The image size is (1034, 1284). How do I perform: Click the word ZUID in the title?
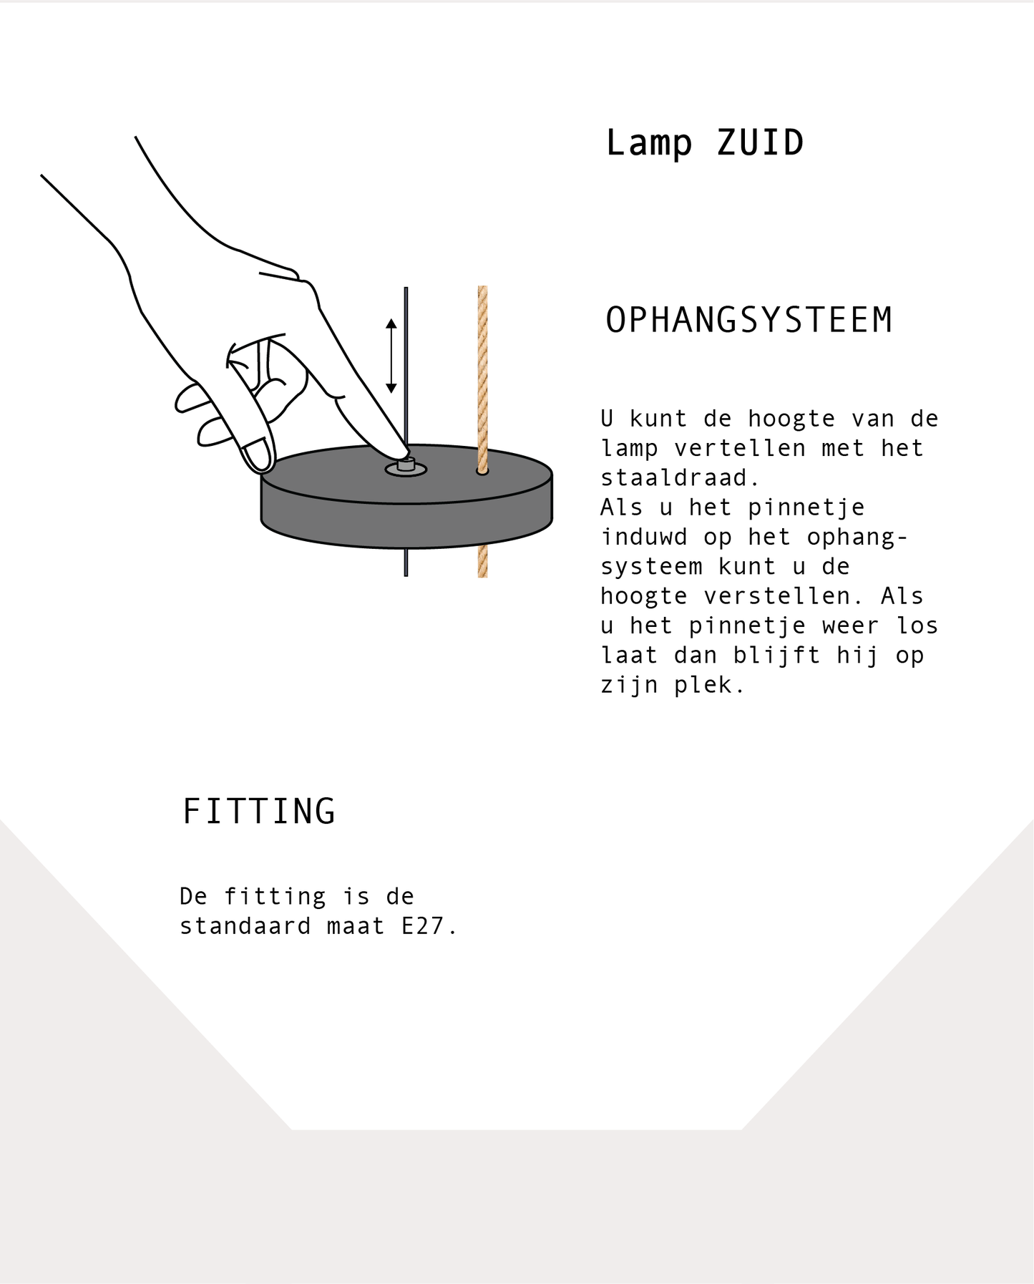760,142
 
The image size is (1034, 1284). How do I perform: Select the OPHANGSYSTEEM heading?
749,320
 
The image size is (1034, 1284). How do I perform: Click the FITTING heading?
259,811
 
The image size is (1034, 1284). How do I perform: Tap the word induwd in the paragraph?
644,537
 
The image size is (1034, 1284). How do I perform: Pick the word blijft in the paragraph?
776,656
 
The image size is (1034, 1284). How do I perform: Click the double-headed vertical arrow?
391,356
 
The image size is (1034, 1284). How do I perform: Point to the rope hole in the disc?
482,472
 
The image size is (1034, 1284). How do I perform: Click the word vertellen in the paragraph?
739,448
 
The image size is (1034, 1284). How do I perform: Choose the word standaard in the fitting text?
245,926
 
